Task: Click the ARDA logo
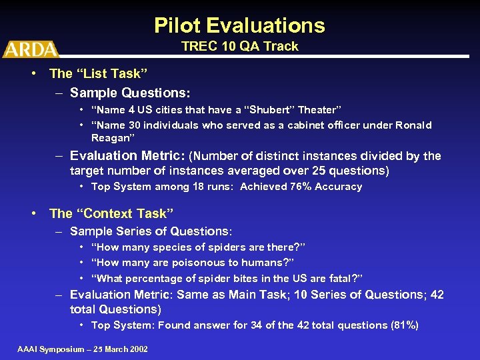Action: (30, 49)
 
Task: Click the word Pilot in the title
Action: (179, 25)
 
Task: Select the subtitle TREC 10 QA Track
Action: (240, 46)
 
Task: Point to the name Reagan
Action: (112, 137)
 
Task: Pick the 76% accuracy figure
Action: (300, 187)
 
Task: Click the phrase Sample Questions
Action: (130, 93)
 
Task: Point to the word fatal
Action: (345, 278)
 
